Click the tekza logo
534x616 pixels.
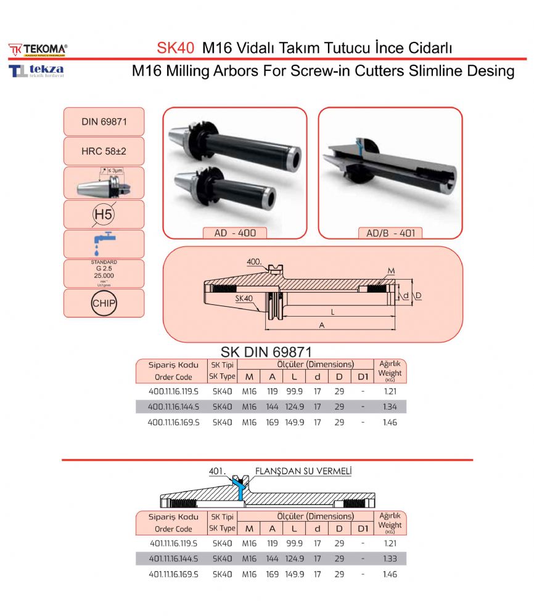pos(36,70)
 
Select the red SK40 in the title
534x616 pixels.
pos(176,47)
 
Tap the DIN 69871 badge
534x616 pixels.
pos(104,122)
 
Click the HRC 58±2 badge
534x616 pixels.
pos(104,150)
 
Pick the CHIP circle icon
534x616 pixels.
pos(104,303)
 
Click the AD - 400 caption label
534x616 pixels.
pos(234,233)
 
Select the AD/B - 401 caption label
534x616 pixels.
pos(390,233)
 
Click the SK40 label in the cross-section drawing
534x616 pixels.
pos(245,298)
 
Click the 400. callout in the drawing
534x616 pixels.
pos(253,262)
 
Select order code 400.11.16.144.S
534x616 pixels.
pos(173,407)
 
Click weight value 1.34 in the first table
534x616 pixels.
pos(390,407)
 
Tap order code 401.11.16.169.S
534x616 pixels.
pos(173,574)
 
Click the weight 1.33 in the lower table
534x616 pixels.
pos(390,559)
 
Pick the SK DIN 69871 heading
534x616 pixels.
pos(266,352)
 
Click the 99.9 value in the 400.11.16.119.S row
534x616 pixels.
pos(295,391)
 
